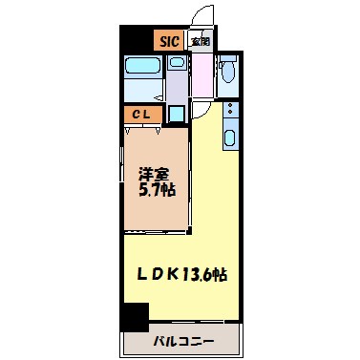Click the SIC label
click(x=169, y=41)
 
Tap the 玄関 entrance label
click(x=200, y=41)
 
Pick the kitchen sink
click(x=229, y=138)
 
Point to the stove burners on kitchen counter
click(x=229, y=113)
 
